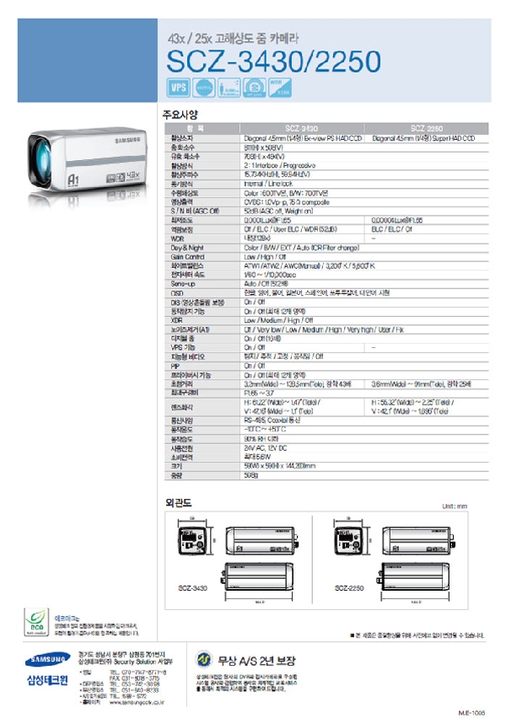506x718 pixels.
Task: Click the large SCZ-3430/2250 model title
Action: [x=272, y=62]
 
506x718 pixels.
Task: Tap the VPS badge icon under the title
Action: [x=178, y=87]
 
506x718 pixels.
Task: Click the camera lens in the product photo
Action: [x=48, y=163]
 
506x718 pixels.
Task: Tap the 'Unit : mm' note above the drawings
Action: [x=454, y=506]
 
